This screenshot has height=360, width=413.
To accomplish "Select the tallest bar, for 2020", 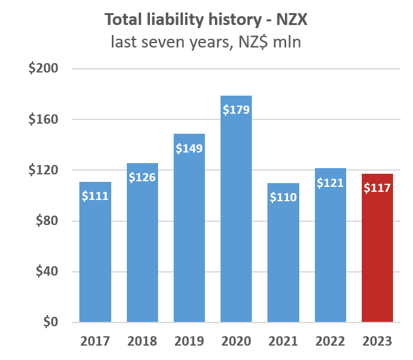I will [x=236, y=219].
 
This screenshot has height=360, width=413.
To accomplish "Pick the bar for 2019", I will [x=189, y=237].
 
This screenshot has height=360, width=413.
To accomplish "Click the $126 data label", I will [x=142, y=177].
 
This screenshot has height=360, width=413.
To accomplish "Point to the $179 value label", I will [x=236, y=110].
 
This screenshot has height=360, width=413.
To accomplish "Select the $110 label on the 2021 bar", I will [x=283, y=197].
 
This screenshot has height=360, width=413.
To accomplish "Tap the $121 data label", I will [x=330, y=183].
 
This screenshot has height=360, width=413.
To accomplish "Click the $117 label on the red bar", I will [x=377, y=187].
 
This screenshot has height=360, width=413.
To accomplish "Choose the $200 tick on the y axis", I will [x=42, y=69].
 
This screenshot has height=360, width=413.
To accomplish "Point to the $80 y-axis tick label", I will [x=46, y=221].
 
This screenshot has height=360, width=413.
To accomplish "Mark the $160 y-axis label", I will [x=42, y=119].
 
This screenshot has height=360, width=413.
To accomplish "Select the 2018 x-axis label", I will [x=142, y=342].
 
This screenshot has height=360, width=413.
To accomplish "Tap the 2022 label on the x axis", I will [x=330, y=342].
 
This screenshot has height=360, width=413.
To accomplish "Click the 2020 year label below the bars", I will [x=236, y=342].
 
